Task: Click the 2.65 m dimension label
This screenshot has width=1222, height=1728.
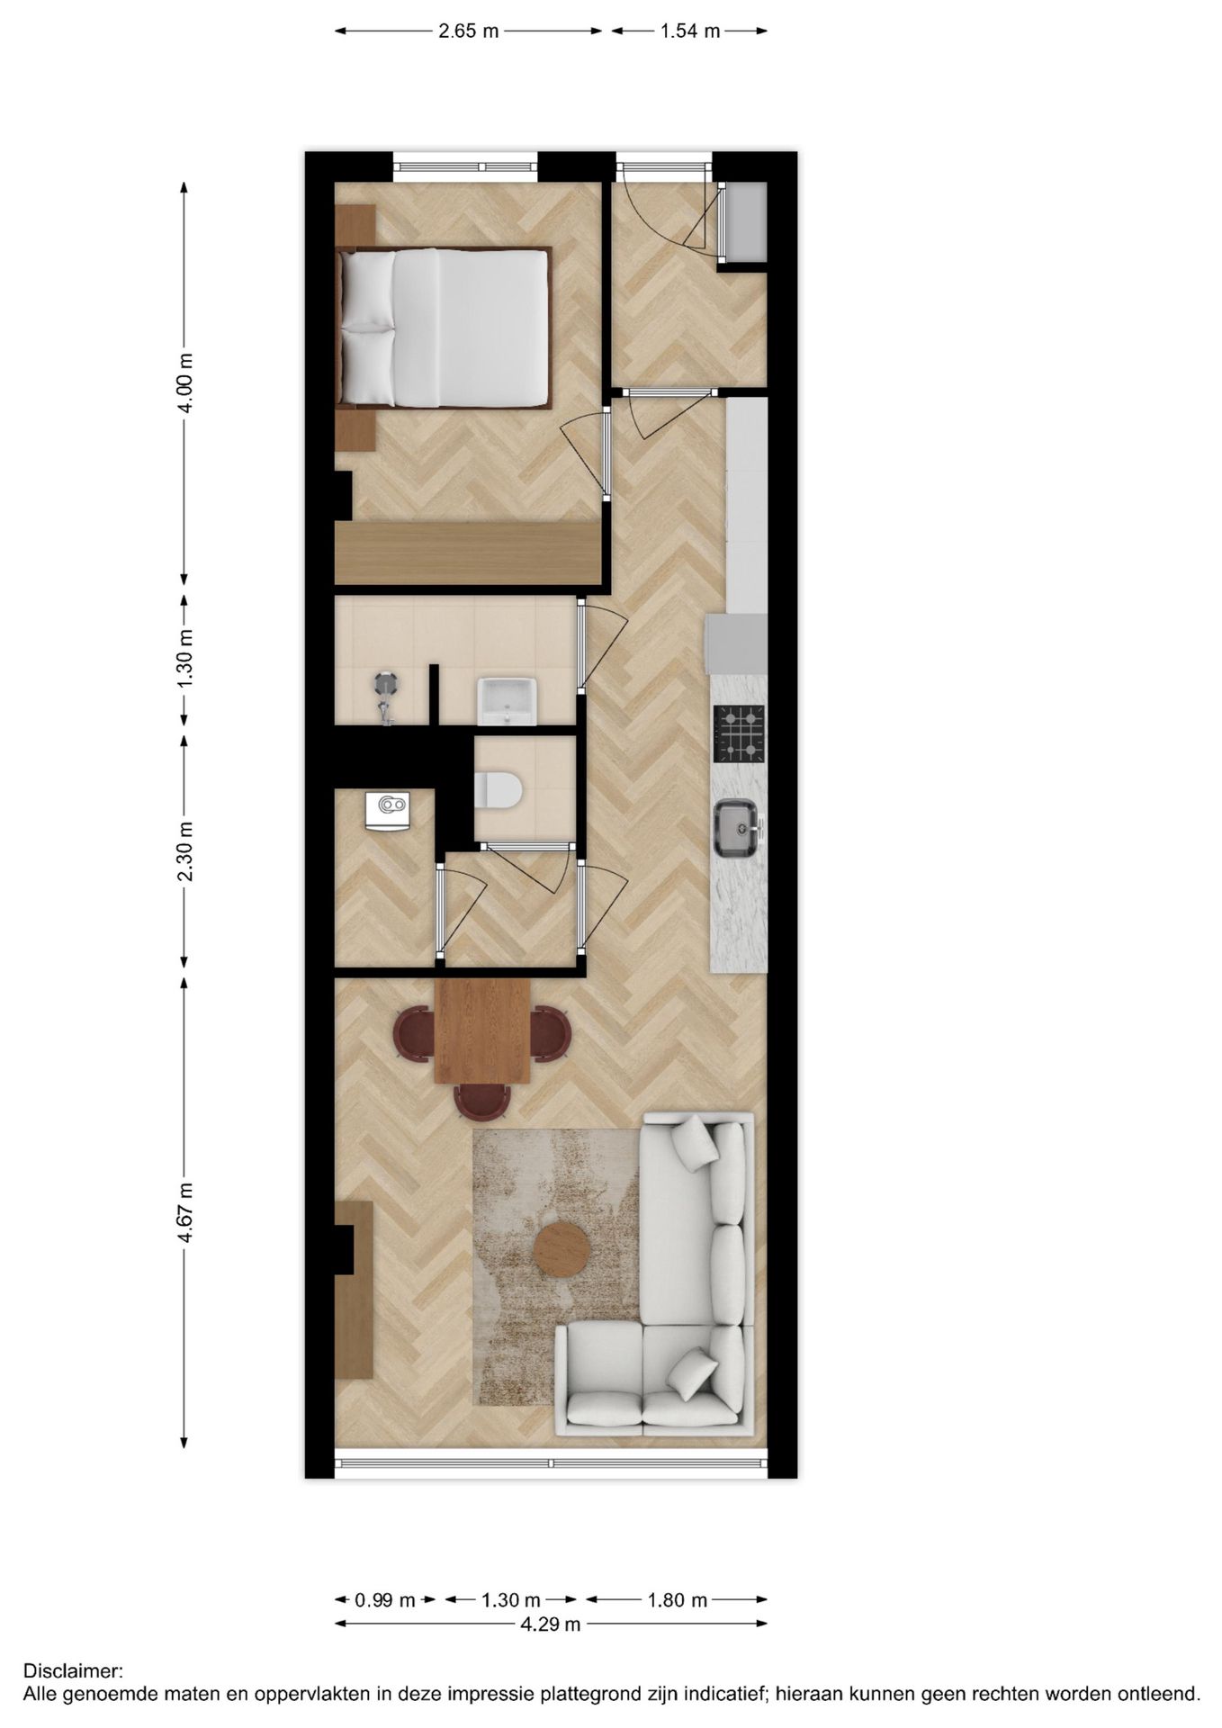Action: (468, 31)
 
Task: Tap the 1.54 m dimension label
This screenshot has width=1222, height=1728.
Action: (690, 31)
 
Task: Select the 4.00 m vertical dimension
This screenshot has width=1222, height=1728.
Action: (184, 382)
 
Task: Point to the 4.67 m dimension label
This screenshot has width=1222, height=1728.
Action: (184, 1212)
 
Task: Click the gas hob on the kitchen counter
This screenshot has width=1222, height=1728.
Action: (739, 733)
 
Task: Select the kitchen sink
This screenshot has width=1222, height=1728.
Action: (736, 828)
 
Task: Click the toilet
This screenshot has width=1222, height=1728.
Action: (498, 790)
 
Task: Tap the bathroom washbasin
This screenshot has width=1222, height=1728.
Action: (507, 701)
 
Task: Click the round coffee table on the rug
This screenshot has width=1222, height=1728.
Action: (562, 1248)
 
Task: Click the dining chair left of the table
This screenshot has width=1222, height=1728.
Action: (414, 1031)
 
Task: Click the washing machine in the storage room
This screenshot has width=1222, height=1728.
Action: (388, 811)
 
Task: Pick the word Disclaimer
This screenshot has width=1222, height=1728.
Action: (73, 1671)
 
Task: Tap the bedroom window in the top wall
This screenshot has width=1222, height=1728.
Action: (465, 166)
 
